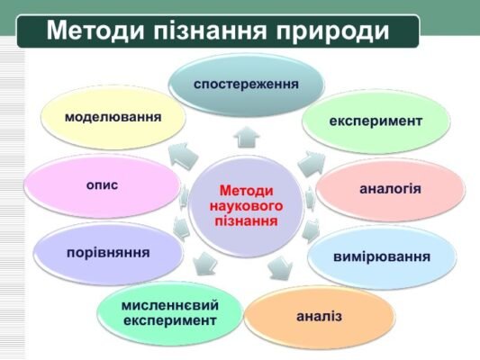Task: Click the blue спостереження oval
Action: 245,85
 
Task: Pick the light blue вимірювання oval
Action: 382,256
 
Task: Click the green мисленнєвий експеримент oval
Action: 170,312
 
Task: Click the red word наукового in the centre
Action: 245,205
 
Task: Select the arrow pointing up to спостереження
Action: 246,138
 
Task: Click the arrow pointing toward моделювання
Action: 184,154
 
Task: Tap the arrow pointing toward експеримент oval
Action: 310,163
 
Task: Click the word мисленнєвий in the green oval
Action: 170,304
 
